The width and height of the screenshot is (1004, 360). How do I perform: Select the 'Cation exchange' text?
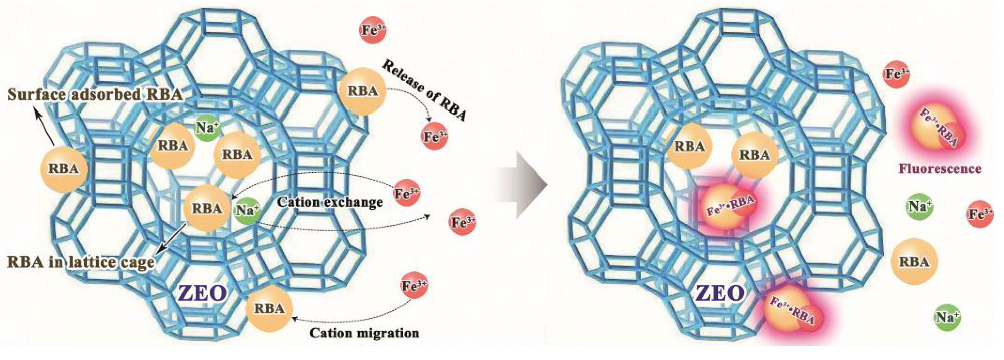click(x=329, y=202)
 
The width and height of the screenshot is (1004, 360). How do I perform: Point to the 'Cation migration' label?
click(x=365, y=333)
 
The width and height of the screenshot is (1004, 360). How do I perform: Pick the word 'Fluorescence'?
click(x=939, y=169)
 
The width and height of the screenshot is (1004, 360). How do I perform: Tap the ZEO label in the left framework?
click(x=202, y=293)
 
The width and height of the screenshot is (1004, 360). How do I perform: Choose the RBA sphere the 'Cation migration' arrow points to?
click(x=269, y=308)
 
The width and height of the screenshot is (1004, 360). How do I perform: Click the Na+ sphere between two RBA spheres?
click(x=207, y=128)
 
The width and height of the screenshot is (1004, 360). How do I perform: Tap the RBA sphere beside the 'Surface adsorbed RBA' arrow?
click(x=64, y=169)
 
